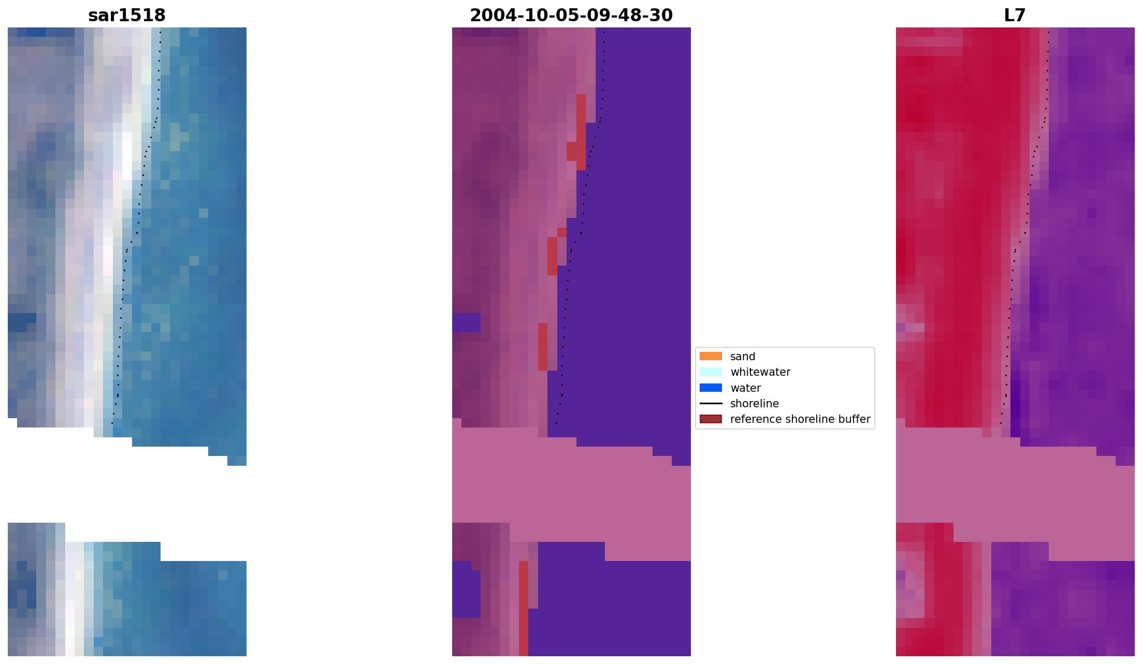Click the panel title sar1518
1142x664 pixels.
[x=127, y=16]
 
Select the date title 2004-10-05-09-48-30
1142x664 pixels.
[x=571, y=16]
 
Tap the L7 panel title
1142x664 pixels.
[x=1015, y=16]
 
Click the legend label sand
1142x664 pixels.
[x=743, y=357]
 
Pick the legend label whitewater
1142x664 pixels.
[x=760, y=372]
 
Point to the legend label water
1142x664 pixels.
[x=745, y=388]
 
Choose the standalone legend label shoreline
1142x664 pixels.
[x=754, y=404]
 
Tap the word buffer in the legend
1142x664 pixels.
[x=854, y=419]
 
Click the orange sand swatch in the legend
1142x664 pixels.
[x=711, y=357]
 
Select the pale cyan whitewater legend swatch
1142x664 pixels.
[x=711, y=372]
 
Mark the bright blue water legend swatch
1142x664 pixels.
[x=711, y=388]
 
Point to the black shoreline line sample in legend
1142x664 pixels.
[x=711, y=404]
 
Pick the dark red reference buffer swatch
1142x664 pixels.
[x=711, y=419]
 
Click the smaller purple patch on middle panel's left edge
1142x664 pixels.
[x=466, y=322]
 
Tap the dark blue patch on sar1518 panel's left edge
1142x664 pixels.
[x=22, y=322]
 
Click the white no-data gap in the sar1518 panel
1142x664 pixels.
[x=124, y=492]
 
